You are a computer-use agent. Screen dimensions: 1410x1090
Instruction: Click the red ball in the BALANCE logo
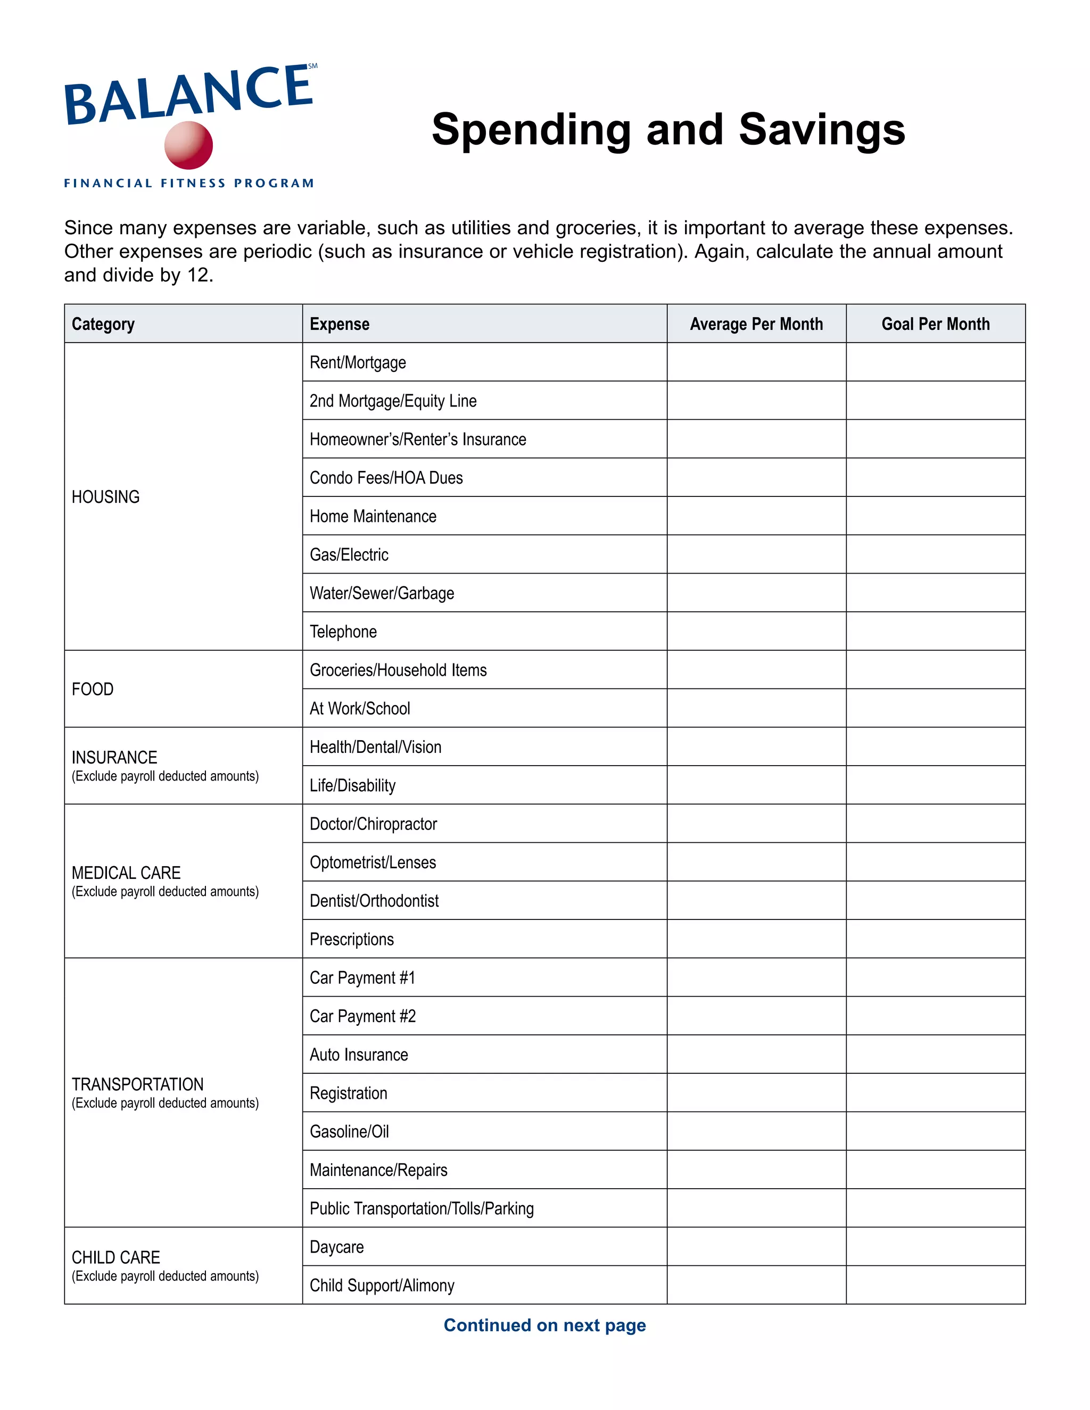pos(188,145)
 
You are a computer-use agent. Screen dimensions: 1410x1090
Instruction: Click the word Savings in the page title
pos(821,130)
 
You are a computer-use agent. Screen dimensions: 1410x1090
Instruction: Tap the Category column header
pos(103,324)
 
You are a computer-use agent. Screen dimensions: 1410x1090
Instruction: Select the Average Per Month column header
pos(756,324)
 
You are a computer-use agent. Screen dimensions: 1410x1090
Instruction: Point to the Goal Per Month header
pos(935,324)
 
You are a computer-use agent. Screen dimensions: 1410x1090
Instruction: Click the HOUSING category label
pos(106,497)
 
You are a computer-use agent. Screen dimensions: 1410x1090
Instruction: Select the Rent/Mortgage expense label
pos(358,363)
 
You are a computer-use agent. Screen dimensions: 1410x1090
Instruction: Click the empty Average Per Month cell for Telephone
pos(756,632)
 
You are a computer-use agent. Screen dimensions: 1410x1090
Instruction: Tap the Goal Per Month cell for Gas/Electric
pos(935,554)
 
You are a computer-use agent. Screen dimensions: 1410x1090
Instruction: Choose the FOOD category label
pos(93,690)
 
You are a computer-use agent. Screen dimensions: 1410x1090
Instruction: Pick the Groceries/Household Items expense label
pos(398,670)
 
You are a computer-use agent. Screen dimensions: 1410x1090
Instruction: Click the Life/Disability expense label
pos(352,786)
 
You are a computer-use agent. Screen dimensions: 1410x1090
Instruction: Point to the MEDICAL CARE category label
pos(127,873)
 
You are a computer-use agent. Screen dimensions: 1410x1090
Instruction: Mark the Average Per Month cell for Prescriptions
pos(756,939)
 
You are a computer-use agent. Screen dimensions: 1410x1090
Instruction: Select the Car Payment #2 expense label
pos(362,1016)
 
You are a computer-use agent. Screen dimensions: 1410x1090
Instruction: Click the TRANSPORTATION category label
pos(137,1084)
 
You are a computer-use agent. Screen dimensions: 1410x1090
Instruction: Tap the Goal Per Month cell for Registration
pos(935,1093)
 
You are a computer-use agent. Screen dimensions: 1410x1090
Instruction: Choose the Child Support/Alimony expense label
pos(382,1285)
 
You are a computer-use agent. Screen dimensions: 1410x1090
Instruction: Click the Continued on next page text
pos(544,1325)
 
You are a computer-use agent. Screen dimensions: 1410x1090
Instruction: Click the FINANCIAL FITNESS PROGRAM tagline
pos(188,184)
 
